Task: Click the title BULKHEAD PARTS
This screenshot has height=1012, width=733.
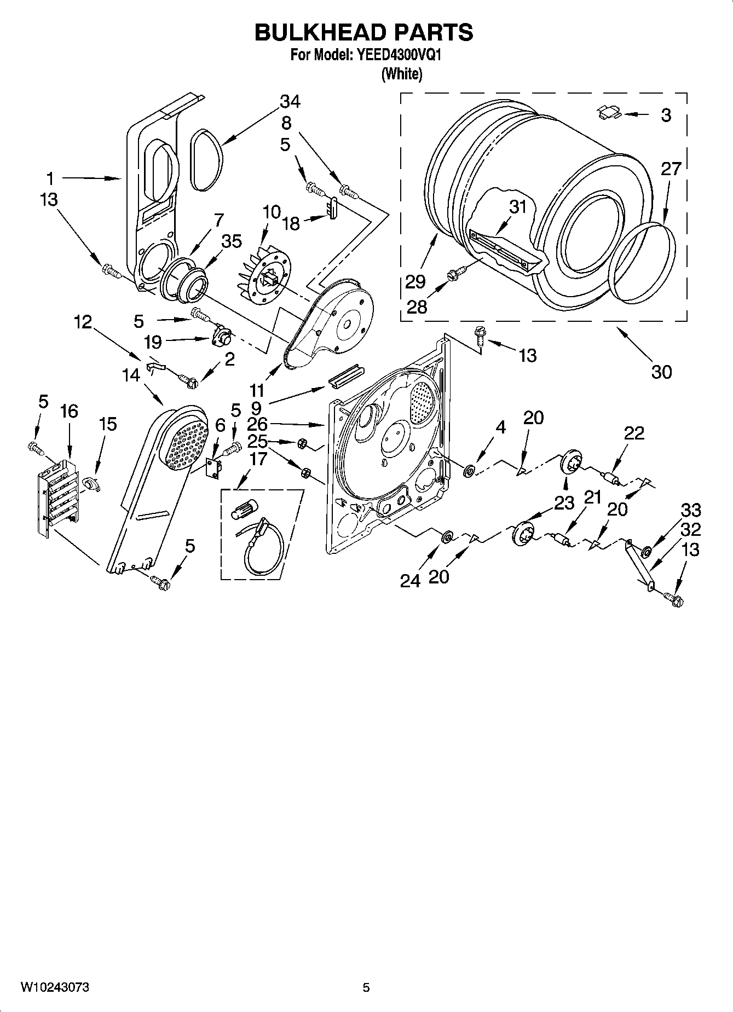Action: (363, 32)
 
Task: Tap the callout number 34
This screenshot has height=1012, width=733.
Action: (290, 101)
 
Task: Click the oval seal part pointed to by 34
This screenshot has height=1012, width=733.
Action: (207, 160)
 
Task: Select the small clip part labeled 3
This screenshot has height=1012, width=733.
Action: (608, 112)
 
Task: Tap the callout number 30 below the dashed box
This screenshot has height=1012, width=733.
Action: (661, 372)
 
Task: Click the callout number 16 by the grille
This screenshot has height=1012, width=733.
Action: (69, 411)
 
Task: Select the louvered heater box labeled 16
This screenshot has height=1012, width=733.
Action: (57, 497)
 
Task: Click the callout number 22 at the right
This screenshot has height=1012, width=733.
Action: (634, 433)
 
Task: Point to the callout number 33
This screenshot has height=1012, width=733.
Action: (690, 510)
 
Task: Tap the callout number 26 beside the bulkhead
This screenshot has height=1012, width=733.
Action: (257, 424)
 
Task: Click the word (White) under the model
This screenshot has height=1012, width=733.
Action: (401, 74)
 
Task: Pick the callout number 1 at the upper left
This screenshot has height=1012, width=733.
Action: (50, 178)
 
